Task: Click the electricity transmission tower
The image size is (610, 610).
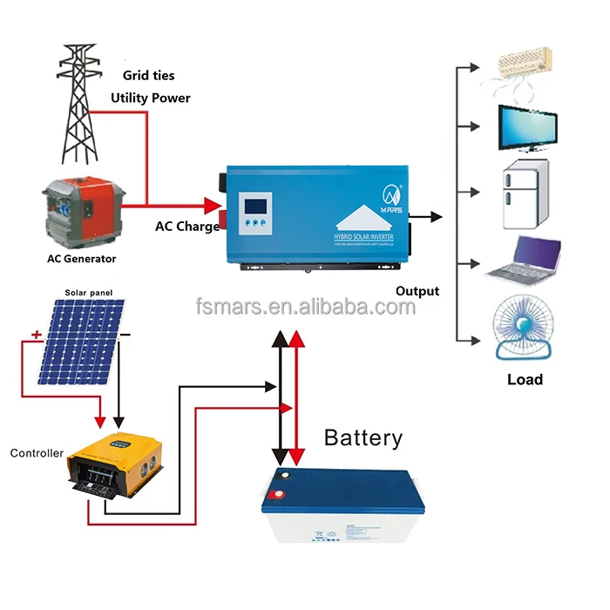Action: point(85,100)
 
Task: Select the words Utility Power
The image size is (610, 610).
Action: point(150,98)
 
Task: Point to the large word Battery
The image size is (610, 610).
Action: point(363,437)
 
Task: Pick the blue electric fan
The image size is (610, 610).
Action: point(523,329)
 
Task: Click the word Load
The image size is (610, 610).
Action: point(525,379)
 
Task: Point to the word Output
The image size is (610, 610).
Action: point(417,291)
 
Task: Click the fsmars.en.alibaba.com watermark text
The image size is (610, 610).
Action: point(304,308)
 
